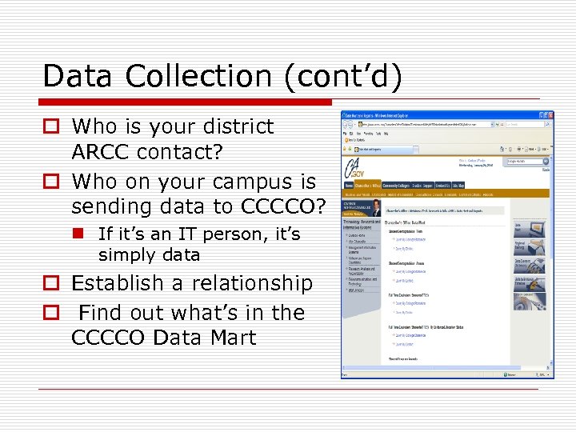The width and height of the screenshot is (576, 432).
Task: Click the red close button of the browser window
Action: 547,115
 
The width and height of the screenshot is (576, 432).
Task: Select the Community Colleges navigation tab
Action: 405,186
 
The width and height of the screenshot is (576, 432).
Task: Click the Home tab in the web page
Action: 349,186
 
